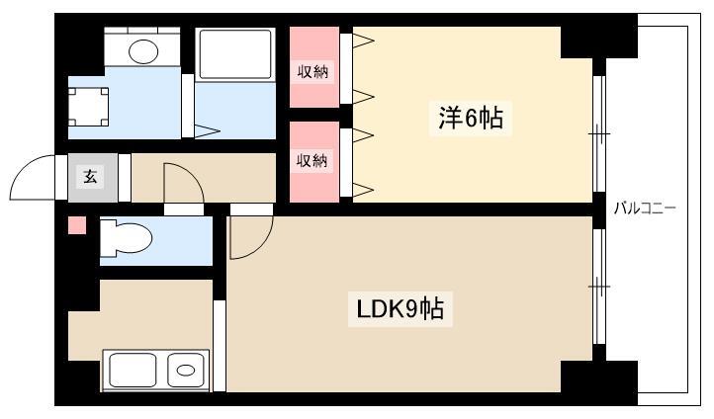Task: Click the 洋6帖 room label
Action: [x=471, y=118]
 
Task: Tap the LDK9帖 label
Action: [x=400, y=309]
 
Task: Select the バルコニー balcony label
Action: [x=645, y=209]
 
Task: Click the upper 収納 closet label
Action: [x=312, y=71]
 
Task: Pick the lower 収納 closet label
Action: [x=312, y=160]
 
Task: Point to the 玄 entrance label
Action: [x=90, y=176]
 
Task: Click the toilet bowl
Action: [x=127, y=237]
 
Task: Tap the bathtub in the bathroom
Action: [x=235, y=54]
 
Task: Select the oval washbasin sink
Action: [x=143, y=51]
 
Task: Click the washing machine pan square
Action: [x=88, y=107]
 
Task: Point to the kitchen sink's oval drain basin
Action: [x=186, y=371]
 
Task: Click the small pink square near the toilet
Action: [x=77, y=225]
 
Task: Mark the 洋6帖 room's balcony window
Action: [x=599, y=133]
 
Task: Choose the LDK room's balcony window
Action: [x=599, y=287]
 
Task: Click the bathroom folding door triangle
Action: [x=208, y=131]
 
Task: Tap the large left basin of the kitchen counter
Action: [x=133, y=370]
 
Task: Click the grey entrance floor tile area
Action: [x=93, y=178]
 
